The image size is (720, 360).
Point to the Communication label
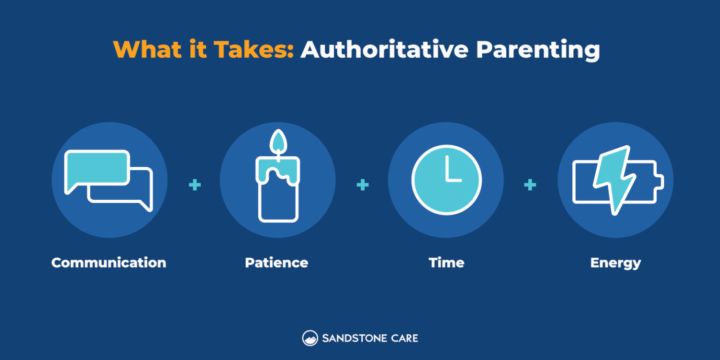tap(109, 262)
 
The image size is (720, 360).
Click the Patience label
tap(277, 262)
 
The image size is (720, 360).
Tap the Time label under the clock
tap(446, 262)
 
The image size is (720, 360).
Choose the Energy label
tap(615, 262)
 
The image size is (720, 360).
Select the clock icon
tap(446, 180)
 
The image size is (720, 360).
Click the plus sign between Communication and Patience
tap(195, 185)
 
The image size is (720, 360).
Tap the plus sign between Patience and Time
tap(362, 185)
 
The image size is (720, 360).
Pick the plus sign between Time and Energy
tap(530, 185)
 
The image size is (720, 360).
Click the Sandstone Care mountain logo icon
tap(310, 338)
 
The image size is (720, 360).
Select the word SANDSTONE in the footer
tap(354, 338)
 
